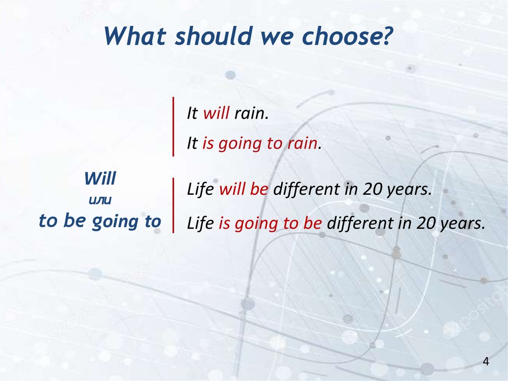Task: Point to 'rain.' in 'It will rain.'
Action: point(252,113)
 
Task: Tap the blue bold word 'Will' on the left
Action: point(100,178)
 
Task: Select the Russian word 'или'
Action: point(100,200)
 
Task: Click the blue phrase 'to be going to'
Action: point(100,222)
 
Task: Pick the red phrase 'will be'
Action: point(244,189)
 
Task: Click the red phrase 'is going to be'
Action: point(270,224)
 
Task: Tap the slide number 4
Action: point(486,361)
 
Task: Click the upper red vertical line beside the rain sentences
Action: point(173,127)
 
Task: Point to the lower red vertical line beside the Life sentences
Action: point(173,206)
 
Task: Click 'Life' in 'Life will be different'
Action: point(200,189)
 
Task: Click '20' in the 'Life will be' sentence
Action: point(372,189)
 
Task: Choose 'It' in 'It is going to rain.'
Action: point(192,144)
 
